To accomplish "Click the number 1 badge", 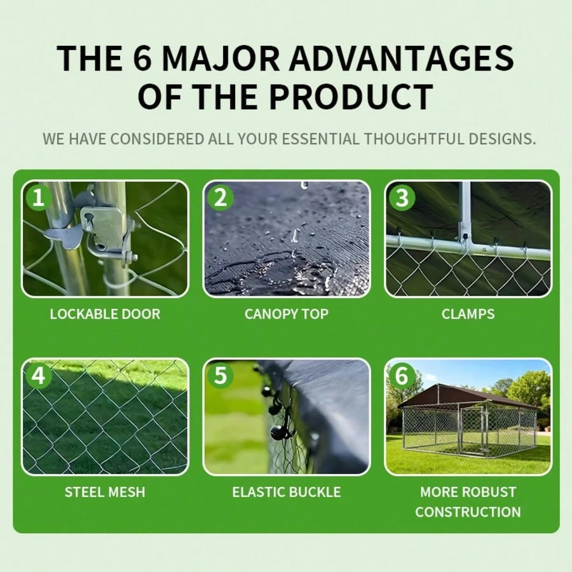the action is tap(38, 198).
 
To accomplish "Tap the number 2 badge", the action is tap(220, 198).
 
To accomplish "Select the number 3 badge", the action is tap(402, 198).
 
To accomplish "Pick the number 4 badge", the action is tap(38, 376).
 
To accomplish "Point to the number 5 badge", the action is tap(220, 376).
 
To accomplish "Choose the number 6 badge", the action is tap(402, 376).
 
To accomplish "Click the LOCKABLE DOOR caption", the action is tap(105, 314).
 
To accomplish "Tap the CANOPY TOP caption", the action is tap(287, 314).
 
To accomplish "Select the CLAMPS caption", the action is tap(468, 314).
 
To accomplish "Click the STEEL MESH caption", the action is tap(105, 492).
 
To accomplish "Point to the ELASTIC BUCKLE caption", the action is tap(287, 492).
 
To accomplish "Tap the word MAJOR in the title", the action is tap(221, 58).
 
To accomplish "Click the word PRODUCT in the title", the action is tap(351, 97).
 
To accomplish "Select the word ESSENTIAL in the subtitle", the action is tap(320, 139).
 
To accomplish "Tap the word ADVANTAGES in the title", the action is tap(402, 58).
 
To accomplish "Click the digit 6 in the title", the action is tap(142, 58).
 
